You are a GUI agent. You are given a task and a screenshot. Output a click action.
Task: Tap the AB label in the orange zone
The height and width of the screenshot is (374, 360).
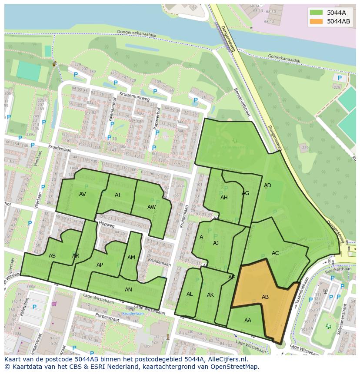(x=265, y=297)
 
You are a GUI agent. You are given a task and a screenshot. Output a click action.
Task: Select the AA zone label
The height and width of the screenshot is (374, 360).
(x=248, y=321)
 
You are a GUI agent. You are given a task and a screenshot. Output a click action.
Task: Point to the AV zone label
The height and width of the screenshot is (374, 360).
(x=83, y=194)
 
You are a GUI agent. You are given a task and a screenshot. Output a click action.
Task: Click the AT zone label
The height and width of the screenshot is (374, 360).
(x=118, y=195)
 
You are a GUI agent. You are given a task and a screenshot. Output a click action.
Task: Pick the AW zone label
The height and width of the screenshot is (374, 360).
(x=151, y=207)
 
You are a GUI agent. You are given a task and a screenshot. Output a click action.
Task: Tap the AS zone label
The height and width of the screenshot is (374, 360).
(x=52, y=256)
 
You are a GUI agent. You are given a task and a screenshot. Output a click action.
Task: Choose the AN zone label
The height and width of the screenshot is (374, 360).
(x=128, y=290)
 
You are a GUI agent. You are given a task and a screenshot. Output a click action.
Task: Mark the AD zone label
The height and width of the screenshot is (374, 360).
(x=267, y=185)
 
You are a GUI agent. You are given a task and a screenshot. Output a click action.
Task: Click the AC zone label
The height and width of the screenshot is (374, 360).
(x=275, y=253)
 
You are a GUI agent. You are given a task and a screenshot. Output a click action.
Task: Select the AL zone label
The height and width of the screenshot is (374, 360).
(x=190, y=294)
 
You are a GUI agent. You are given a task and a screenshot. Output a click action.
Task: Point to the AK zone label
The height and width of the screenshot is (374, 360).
(x=210, y=295)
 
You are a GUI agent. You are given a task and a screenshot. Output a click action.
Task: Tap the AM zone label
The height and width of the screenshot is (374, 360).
(x=131, y=258)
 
